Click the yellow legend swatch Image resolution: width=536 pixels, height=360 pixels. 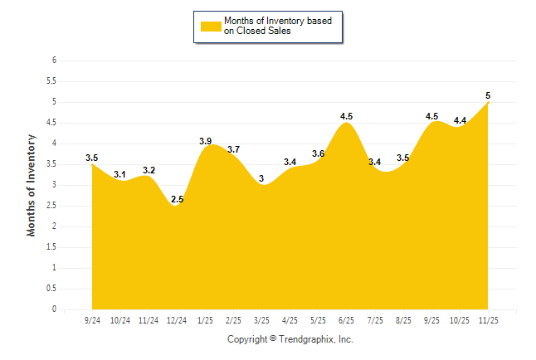tap(211, 26)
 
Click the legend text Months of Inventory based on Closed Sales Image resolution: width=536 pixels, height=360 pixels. tap(278, 26)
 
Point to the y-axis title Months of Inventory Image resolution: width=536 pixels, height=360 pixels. tap(32, 185)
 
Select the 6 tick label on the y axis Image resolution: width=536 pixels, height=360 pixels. tap(53, 61)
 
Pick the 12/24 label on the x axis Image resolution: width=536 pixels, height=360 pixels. tap(177, 319)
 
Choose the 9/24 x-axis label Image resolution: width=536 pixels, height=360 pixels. tap(92, 319)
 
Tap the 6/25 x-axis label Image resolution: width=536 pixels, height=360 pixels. tap(347, 319)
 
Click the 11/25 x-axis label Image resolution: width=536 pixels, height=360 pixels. tap(488, 319)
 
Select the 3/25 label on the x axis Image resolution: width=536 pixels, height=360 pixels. tap(261, 319)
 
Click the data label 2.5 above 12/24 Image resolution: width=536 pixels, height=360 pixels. tap(177, 199)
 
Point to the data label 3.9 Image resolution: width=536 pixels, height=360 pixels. tap(205, 141)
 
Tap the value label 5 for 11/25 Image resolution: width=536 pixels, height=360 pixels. tap(488, 95)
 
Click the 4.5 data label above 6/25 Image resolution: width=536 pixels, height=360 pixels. tap(347, 116)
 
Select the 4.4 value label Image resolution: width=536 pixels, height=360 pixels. tap(460, 120)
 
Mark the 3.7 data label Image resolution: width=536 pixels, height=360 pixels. tap(233, 149)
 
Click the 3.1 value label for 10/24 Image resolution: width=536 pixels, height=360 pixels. tap(120, 174)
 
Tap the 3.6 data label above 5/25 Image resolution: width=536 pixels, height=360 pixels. tap(319, 153)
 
